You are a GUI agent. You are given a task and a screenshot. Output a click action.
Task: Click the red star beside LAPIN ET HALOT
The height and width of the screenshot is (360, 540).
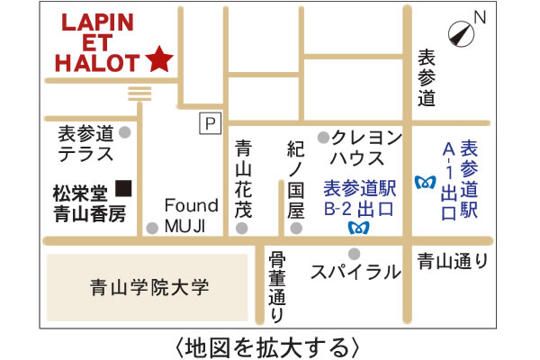159,59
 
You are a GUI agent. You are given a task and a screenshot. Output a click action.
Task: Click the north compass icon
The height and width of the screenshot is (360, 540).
463,31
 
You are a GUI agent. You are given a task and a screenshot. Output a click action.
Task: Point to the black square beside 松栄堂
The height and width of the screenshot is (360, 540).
124,188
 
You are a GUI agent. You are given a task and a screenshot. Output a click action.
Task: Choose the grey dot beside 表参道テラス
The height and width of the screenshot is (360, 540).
125,132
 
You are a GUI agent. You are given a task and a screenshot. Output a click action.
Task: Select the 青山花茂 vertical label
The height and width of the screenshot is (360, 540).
243,180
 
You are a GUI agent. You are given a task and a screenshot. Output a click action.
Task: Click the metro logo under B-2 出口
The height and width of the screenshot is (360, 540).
355,228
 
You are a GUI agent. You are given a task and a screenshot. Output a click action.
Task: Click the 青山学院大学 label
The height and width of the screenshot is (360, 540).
149,288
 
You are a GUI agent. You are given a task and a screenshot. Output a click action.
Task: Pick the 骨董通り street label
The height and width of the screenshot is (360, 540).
277,286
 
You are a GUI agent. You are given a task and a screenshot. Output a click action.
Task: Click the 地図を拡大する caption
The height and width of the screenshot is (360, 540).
270,345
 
